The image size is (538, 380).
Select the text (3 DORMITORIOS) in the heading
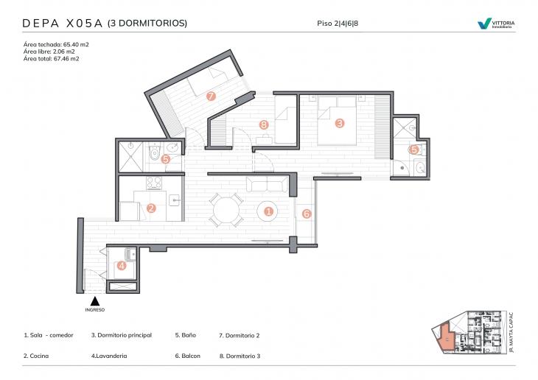[147, 24]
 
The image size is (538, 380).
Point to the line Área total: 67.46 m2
[52, 58]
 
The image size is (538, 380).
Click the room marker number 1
[269, 211]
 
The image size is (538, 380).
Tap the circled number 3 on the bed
[340, 123]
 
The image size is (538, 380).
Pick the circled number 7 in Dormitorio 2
[211, 96]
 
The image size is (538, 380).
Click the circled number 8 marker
[264, 124]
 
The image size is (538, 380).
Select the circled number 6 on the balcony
[307, 214]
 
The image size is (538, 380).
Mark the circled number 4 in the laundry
[122, 265]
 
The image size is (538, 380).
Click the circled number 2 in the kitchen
[151, 208]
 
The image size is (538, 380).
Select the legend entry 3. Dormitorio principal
[122, 335]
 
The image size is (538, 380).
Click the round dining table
[225, 209]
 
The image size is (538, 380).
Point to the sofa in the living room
[268, 184]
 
